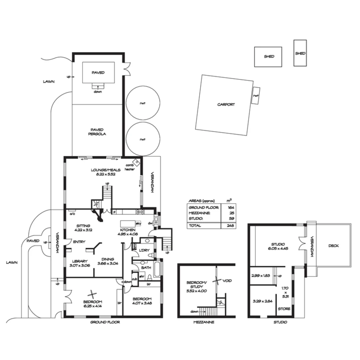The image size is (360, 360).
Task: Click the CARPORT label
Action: click(226, 104)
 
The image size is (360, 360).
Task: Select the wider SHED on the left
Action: click(269, 57)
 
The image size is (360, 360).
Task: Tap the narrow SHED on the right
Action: click(300, 53)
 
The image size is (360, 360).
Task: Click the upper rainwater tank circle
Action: click(142, 103)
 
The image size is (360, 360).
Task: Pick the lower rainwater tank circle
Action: click(142, 139)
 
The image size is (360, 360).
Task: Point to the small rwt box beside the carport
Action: click(256, 95)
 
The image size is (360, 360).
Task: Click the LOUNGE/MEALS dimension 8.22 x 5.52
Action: click(103, 174)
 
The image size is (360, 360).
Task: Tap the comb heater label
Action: click(129, 167)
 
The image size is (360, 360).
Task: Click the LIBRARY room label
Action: click(78, 261)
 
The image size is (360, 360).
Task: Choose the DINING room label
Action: click(106, 259)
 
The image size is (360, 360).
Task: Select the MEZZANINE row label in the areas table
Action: click(199, 213)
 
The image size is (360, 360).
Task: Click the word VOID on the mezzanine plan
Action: click(227, 281)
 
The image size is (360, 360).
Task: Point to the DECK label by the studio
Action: click(333, 246)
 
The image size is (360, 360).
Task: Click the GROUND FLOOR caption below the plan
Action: click(105, 322)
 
